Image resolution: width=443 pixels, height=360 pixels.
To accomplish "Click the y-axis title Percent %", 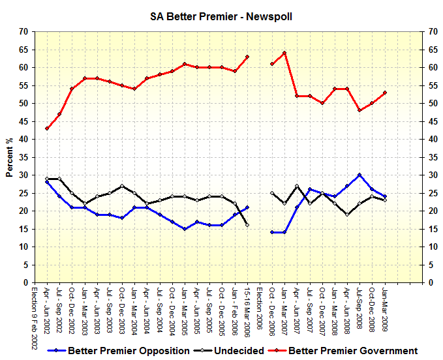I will click(x=10, y=157).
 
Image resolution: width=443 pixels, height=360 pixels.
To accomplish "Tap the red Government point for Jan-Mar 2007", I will click(x=284, y=53).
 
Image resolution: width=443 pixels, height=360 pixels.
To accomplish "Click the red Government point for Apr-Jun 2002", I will click(x=47, y=128).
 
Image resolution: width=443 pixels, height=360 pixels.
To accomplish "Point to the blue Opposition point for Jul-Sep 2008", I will click(x=359, y=175).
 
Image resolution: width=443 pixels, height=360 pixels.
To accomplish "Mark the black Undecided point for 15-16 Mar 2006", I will click(x=247, y=225).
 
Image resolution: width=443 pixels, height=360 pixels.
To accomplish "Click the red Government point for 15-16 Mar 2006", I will click(x=247, y=57).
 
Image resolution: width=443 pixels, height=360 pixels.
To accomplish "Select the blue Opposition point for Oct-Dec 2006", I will click(x=272, y=232).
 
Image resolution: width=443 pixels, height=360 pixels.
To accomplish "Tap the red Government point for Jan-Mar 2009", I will click(x=385, y=93).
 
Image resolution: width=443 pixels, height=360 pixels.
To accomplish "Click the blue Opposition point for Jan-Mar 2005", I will click(x=185, y=229).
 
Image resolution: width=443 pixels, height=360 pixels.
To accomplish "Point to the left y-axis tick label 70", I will click(x=23, y=31).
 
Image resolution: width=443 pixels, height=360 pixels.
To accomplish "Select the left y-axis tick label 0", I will click(x=26, y=283).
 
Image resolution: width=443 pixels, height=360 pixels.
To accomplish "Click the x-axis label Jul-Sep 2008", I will click(x=359, y=308).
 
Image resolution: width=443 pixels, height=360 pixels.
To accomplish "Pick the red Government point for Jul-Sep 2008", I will click(x=359, y=110).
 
